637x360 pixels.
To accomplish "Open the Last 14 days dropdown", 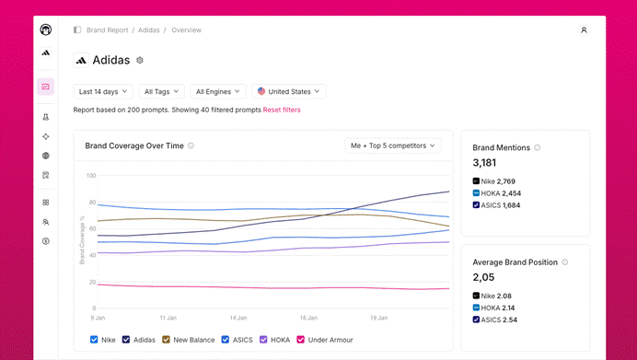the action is [x=103, y=91].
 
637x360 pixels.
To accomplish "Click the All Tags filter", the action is [x=161, y=91].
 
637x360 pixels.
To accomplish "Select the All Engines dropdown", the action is [x=218, y=91].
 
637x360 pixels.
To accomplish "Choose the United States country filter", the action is [x=288, y=91].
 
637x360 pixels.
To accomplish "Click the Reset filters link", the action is [x=282, y=110].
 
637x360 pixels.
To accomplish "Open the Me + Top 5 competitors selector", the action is [x=393, y=145].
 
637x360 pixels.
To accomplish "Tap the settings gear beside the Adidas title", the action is [x=140, y=60].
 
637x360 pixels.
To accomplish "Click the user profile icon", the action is [x=584, y=30].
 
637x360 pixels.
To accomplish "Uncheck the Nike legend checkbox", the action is [x=94, y=339].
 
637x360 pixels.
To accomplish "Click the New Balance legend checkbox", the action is [x=166, y=339].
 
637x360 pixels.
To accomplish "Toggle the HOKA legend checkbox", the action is [x=263, y=339].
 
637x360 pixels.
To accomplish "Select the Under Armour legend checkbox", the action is [x=301, y=339].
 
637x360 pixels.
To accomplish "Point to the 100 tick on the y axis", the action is [x=91, y=176].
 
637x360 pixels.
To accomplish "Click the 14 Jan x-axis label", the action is [x=238, y=318].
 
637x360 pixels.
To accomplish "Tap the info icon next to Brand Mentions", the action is [x=537, y=147].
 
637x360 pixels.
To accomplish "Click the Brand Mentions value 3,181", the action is [x=484, y=163].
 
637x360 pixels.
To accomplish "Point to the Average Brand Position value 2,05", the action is [x=483, y=277].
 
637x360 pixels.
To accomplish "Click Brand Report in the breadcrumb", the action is [x=108, y=30].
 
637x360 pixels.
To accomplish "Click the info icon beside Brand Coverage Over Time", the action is [x=191, y=145].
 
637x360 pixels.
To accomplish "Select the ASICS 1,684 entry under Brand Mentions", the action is [x=496, y=205].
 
